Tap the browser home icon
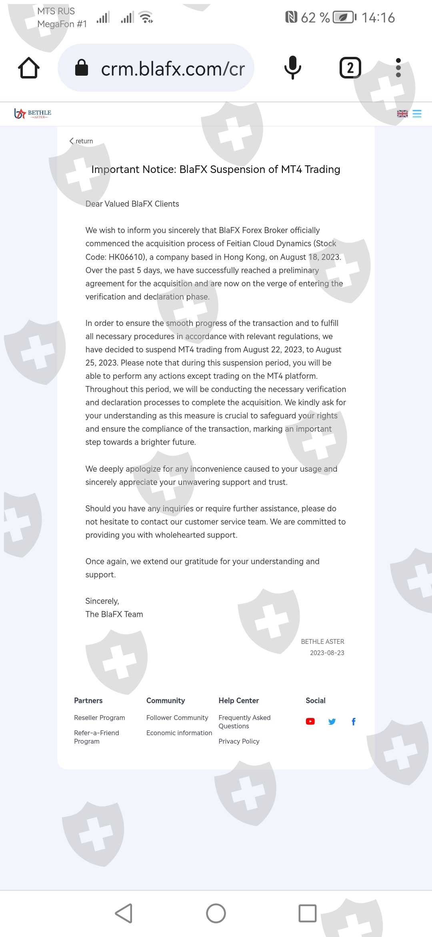(29, 68)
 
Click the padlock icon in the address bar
(82, 68)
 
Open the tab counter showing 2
(350, 68)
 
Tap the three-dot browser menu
(398, 68)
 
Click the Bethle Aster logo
(33, 114)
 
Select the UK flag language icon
(402, 114)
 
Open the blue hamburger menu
(417, 114)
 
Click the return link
(81, 141)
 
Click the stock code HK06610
(126, 257)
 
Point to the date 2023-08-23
(327, 653)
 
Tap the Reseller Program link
(99, 718)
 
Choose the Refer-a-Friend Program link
(96, 737)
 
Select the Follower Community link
(177, 718)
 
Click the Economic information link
(179, 733)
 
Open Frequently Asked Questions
(244, 722)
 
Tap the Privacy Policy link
(239, 741)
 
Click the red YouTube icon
(310, 722)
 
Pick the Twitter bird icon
(332, 722)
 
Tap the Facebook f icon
(353, 722)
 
